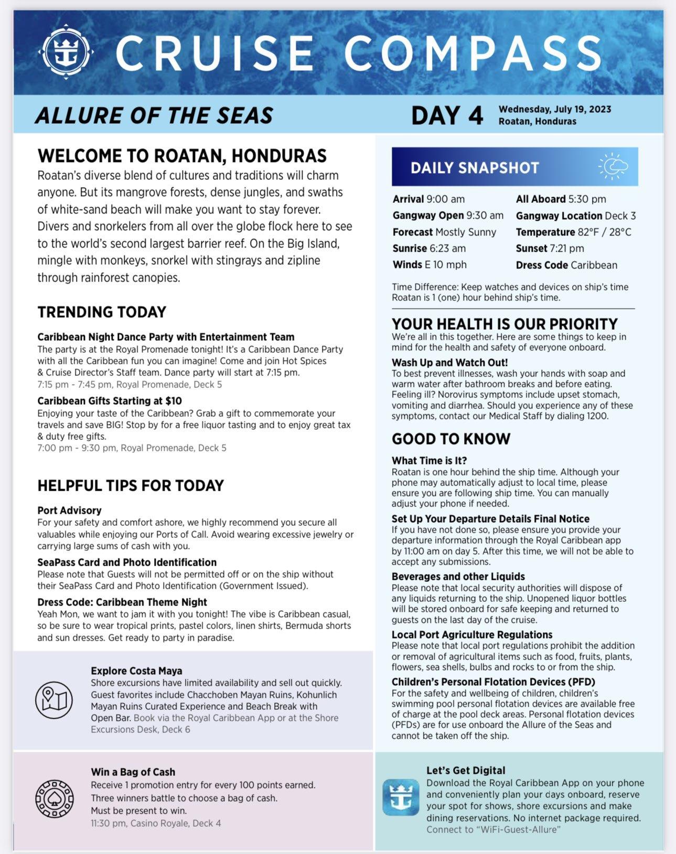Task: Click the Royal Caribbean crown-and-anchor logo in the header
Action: (x=66, y=51)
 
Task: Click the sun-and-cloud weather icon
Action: (x=613, y=167)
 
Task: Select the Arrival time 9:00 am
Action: (x=445, y=199)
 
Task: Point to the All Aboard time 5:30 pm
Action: (x=587, y=199)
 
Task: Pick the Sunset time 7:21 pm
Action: (x=566, y=248)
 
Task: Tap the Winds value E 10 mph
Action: (x=445, y=265)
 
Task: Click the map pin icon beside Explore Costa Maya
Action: (x=54, y=700)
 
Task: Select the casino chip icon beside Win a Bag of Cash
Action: (x=54, y=798)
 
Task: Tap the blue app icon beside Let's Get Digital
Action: (x=401, y=797)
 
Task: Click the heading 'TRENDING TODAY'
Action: (x=102, y=312)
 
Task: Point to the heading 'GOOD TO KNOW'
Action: (x=451, y=439)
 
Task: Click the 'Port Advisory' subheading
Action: (x=69, y=510)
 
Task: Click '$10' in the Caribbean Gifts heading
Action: (x=173, y=401)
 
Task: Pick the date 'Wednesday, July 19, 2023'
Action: (x=555, y=109)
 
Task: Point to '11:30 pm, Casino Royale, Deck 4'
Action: (x=156, y=823)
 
